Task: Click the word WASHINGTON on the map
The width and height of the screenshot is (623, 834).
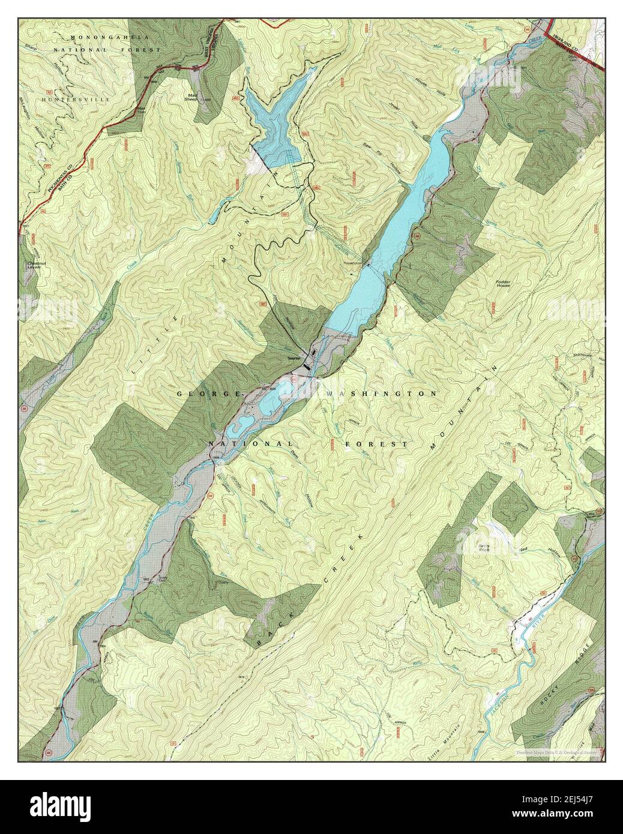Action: click(381, 394)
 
